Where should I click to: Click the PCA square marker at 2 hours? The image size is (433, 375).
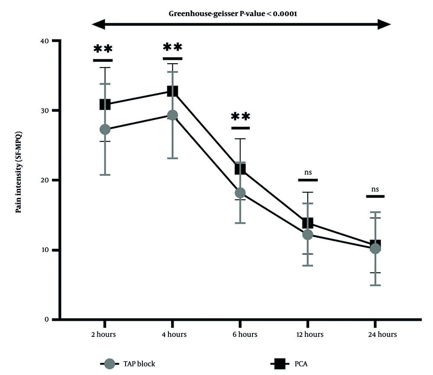click(105, 104)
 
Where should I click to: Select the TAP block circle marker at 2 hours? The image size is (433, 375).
click(105, 129)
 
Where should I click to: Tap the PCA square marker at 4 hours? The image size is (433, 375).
click(172, 91)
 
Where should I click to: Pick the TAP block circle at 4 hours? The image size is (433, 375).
click(172, 115)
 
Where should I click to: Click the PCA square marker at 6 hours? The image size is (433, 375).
click(240, 169)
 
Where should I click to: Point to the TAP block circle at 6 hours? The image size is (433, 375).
click(240, 192)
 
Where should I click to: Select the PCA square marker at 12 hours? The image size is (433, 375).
click(307, 223)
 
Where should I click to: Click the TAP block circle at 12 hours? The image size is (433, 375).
click(307, 234)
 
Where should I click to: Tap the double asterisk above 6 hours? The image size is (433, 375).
click(240, 117)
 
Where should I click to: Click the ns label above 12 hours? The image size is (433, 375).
click(308, 172)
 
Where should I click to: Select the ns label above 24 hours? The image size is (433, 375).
click(375, 189)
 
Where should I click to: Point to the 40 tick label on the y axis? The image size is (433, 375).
click(44, 41)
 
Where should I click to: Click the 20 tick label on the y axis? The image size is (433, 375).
click(44, 180)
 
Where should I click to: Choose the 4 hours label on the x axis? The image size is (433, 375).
click(172, 334)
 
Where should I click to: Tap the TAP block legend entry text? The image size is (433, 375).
click(139, 364)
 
